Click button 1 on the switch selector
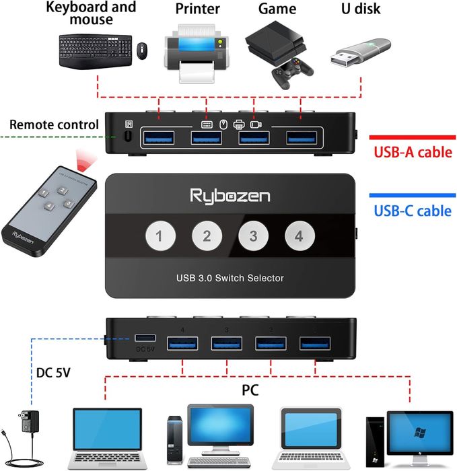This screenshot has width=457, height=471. click(x=160, y=236)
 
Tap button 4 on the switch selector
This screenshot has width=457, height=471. click(x=299, y=236)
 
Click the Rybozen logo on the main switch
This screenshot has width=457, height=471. click(x=230, y=196)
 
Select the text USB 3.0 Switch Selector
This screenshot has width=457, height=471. click(x=230, y=278)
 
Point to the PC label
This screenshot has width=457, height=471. click(x=250, y=390)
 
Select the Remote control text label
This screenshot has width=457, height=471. click(x=54, y=124)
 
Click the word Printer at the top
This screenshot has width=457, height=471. click(x=197, y=9)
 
